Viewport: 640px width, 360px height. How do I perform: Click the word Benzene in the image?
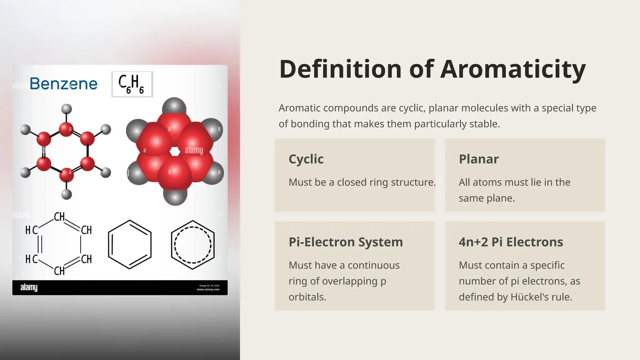(63, 84)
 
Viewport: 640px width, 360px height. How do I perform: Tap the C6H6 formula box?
(132, 84)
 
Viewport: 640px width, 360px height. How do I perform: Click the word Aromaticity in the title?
(513, 69)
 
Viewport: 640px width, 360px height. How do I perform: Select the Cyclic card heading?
(306, 159)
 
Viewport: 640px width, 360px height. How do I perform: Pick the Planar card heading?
(478, 159)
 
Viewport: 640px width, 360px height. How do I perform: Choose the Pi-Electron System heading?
(346, 242)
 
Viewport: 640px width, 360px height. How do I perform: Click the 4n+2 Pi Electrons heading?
(511, 242)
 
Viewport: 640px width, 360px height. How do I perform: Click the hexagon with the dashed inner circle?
(192, 245)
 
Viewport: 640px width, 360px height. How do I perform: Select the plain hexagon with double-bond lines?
(130, 245)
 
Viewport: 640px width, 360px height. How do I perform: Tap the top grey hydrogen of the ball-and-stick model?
(66, 109)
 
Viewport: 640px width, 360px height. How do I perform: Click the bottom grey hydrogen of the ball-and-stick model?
(66, 194)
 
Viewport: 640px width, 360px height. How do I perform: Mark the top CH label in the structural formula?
(59, 217)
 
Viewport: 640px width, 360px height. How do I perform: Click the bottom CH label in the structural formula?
(59, 271)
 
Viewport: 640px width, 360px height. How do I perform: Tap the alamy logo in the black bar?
(29, 287)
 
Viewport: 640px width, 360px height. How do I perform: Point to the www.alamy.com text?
(208, 289)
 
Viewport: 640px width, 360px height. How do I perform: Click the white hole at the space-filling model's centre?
(175, 152)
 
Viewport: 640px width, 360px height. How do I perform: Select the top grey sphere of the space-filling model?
(174, 106)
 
